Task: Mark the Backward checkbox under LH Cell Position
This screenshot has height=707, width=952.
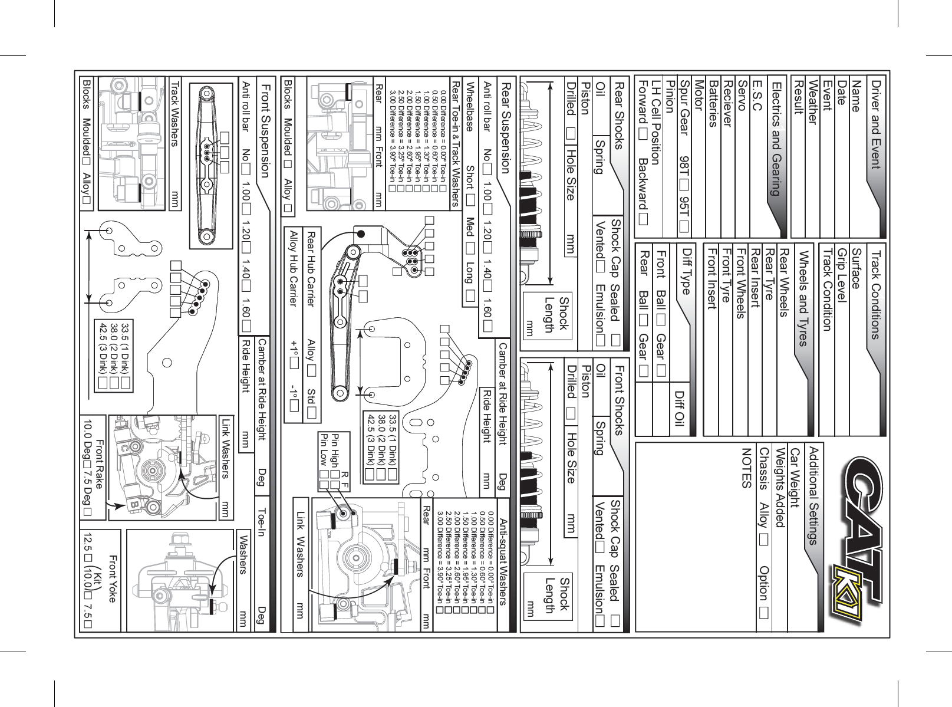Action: tap(641, 219)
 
